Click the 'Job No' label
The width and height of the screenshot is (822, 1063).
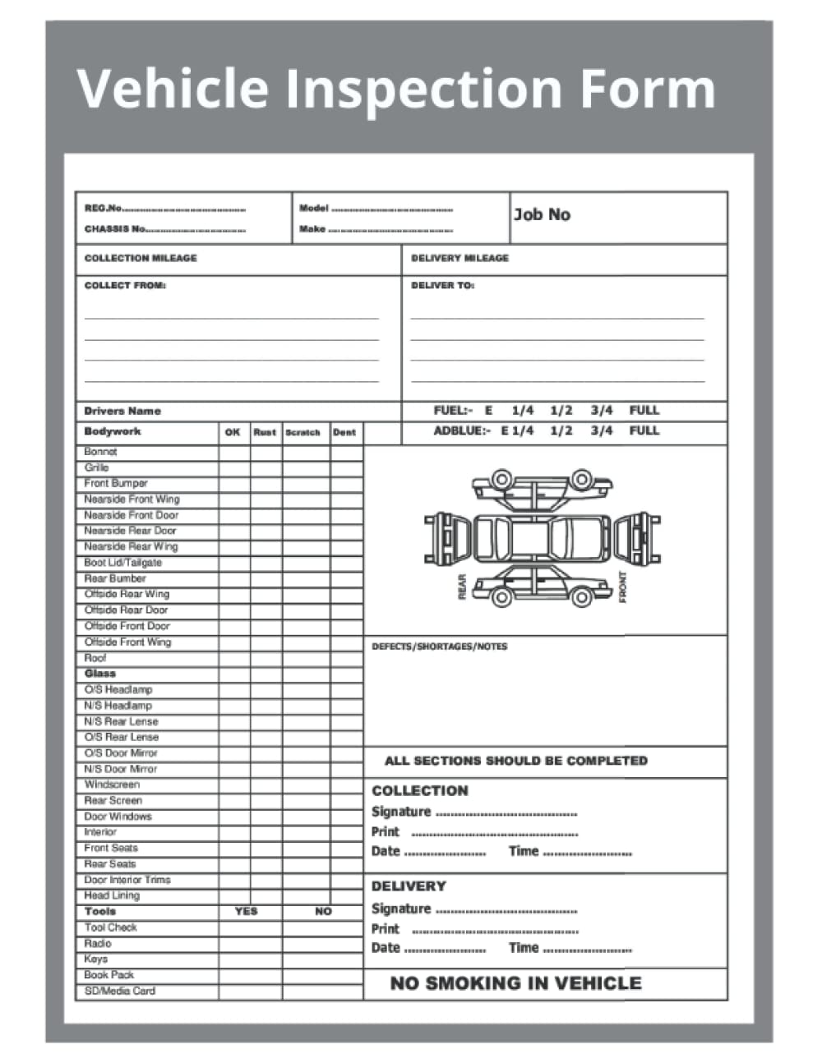tap(542, 214)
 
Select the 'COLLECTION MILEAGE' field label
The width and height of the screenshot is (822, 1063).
tap(141, 258)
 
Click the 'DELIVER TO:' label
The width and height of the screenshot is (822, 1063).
tap(442, 286)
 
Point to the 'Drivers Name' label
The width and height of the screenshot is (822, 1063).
tap(122, 411)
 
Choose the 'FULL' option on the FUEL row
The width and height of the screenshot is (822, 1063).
tap(644, 410)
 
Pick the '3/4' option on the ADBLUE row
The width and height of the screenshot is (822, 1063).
tap(601, 430)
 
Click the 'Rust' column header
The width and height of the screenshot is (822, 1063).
tap(265, 432)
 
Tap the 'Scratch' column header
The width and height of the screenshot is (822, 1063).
tap(302, 432)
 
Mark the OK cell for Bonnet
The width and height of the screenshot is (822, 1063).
tap(233, 452)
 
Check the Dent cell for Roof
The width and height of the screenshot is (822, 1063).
tap(346, 658)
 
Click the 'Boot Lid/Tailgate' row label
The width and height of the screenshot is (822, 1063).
tap(122, 563)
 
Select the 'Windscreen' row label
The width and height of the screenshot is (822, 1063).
tap(112, 785)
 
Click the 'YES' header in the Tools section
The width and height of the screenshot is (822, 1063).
tap(246, 911)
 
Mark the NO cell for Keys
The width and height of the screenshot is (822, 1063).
tap(323, 959)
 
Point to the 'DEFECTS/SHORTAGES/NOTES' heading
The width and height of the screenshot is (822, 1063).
tap(439, 647)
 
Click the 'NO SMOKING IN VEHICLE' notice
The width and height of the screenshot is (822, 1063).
tap(515, 983)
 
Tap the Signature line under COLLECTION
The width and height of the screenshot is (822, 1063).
tap(506, 812)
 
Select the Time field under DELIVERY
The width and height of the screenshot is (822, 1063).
tap(587, 948)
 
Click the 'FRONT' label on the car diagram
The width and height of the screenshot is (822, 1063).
tap(622, 587)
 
